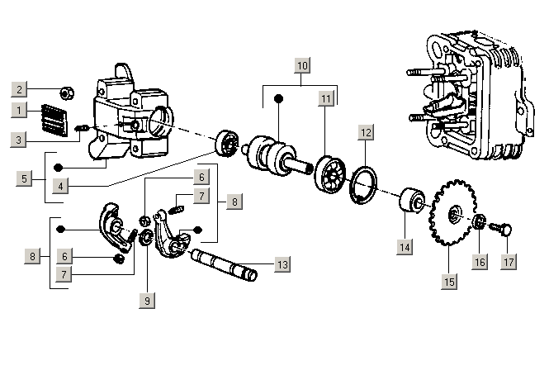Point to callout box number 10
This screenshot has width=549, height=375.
coord(302,64)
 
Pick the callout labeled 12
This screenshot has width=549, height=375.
coord(366,131)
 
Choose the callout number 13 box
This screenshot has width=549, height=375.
coord(282,264)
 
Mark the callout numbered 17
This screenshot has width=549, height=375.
coord(508,261)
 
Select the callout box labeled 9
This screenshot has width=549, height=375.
coord(147,301)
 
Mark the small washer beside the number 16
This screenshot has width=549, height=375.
coord(478,222)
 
